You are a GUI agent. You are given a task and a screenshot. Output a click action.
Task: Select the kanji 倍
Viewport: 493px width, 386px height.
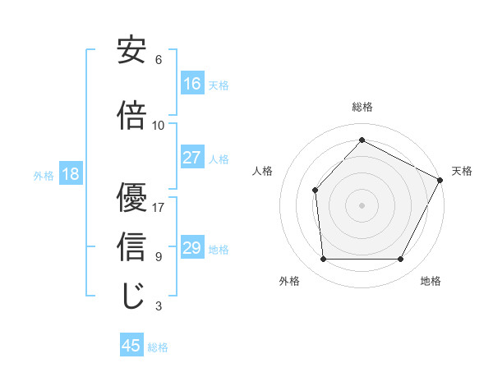(131, 115)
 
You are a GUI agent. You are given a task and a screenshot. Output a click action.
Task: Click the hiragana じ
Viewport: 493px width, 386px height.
(131, 296)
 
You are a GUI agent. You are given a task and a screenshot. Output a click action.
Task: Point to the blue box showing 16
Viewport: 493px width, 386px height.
(192, 84)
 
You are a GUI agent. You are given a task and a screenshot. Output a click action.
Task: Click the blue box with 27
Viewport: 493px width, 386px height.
(192, 158)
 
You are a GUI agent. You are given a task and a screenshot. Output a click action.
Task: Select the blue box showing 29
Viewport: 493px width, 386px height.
(192, 248)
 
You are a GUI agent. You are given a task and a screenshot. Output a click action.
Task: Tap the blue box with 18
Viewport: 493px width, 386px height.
(69, 174)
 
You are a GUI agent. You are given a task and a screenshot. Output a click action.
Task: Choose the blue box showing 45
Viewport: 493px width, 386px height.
(131, 346)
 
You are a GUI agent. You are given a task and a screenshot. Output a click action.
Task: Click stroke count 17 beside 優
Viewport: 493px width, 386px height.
(159, 207)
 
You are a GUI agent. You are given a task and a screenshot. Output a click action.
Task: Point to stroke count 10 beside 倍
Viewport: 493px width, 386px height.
(159, 125)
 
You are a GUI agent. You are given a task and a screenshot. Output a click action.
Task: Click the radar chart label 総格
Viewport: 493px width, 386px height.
(362, 107)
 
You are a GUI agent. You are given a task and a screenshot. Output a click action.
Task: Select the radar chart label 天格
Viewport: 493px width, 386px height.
(462, 171)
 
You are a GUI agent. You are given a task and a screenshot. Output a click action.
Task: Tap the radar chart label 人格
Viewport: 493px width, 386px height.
(262, 171)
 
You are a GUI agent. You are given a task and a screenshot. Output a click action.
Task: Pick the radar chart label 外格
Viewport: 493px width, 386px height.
(289, 281)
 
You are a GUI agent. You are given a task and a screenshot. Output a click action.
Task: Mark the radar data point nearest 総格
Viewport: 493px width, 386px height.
(362, 140)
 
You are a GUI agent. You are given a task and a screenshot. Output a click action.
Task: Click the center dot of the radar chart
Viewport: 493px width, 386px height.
(362, 204)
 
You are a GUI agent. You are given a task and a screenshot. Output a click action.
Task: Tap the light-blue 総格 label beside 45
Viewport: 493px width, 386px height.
(158, 347)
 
